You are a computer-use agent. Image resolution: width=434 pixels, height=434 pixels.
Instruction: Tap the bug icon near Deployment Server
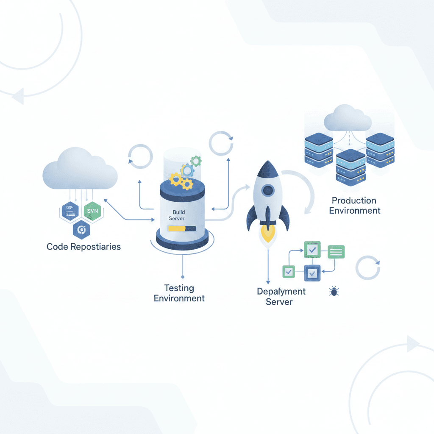[334, 291]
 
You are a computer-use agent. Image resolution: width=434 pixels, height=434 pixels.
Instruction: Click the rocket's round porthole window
[267, 190]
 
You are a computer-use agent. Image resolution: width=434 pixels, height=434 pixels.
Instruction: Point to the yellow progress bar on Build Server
[182, 228]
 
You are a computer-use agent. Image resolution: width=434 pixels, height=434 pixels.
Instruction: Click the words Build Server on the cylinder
[176, 215]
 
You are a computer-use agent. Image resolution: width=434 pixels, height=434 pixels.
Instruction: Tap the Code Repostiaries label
[83, 247]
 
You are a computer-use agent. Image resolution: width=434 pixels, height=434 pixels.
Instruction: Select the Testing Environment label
[179, 293]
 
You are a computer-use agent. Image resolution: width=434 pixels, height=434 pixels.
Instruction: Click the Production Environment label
[354, 205]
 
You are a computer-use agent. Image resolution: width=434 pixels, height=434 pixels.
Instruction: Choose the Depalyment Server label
[281, 297]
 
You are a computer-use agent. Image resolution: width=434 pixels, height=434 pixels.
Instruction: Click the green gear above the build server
[195, 161]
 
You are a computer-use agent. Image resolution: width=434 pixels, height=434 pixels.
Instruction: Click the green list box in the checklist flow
[336, 252]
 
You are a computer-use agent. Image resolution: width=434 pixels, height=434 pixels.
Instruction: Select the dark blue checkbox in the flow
[312, 272]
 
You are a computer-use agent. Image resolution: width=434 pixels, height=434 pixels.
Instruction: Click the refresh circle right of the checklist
[367, 267]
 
